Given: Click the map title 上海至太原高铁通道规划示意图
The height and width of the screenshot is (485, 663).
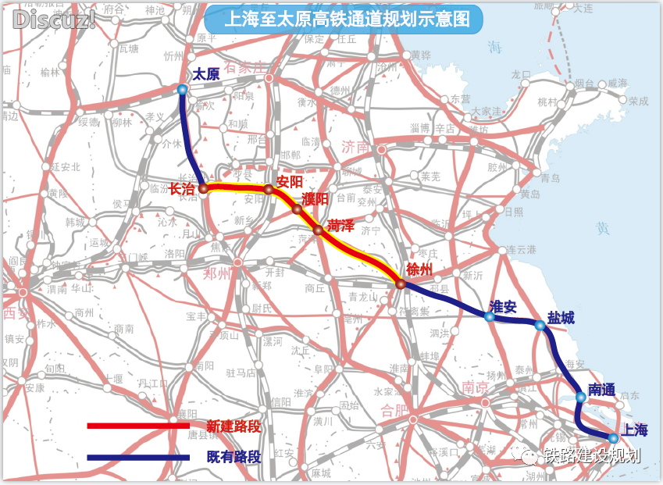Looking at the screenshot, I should pyautogui.click(x=343, y=20).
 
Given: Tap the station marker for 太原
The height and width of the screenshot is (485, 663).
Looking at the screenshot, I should pyautogui.click(x=182, y=90).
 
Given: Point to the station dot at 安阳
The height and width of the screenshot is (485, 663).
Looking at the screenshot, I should pyautogui.click(x=269, y=190).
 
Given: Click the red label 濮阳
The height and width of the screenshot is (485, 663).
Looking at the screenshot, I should pyautogui.click(x=314, y=198).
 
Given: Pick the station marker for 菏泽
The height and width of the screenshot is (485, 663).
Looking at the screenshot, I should pyautogui.click(x=318, y=230).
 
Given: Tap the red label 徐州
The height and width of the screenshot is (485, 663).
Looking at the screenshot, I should pyautogui.click(x=419, y=269).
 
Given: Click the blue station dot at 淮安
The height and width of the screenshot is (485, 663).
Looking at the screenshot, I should pyautogui.click(x=489, y=316).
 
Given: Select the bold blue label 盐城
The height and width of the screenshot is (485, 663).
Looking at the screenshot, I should pyautogui.click(x=560, y=318).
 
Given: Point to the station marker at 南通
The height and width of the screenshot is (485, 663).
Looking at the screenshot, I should pyautogui.click(x=580, y=398).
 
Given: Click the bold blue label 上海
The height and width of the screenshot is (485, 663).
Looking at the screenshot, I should pyautogui.click(x=635, y=429).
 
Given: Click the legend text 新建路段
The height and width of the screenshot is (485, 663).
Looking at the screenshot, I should pyautogui.click(x=233, y=426).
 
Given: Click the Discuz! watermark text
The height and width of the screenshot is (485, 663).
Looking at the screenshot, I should pyautogui.click(x=53, y=20).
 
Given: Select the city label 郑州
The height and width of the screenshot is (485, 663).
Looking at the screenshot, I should pyautogui.click(x=217, y=273).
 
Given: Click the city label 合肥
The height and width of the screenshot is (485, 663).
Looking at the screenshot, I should pyautogui.click(x=394, y=409).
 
